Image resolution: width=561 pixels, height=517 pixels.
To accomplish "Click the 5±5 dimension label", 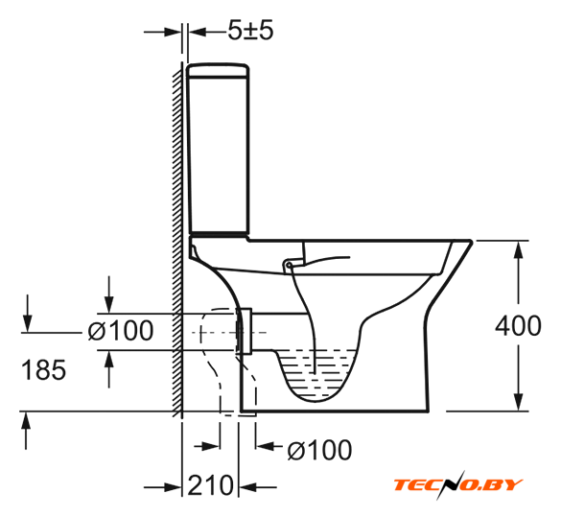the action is [x=250, y=30].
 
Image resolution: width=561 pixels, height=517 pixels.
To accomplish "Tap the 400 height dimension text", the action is [x=518, y=325].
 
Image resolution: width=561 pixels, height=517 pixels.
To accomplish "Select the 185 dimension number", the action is [x=44, y=369].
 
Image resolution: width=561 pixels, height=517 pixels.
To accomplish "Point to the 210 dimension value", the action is [x=210, y=485].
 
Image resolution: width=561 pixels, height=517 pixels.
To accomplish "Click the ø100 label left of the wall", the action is [x=121, y=330].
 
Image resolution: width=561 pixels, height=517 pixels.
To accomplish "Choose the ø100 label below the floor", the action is [x=319, y=450].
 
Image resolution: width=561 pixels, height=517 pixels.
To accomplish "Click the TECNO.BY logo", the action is [x=458, y=484].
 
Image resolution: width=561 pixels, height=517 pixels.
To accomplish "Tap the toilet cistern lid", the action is [x=218, y=70].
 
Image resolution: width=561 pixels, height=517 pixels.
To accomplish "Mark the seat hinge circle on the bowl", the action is [x=289, y=265].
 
